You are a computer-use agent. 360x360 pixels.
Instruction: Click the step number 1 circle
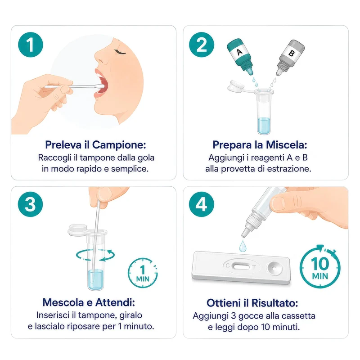[30, 45]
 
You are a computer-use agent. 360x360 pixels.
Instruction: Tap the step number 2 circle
[201, 45]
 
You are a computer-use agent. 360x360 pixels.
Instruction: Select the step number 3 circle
[30, 204]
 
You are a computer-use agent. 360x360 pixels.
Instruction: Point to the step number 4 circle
[201, 204]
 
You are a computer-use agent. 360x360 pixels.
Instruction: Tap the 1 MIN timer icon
[143, 273]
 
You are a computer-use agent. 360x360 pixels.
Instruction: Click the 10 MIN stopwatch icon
[320, 267]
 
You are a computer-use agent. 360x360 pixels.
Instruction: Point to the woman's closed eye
[120, 52]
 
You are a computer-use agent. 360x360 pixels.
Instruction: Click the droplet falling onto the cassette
[243, 246]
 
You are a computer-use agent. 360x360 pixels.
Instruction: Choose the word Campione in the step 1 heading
[119, 145]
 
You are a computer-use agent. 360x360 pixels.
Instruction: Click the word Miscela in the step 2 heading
[287, 145]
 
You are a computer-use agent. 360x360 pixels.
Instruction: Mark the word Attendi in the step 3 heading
[115, 302]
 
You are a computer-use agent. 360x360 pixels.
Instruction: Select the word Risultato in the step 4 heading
[275, 303]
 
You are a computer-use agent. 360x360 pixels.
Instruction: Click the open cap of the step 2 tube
[236, 86]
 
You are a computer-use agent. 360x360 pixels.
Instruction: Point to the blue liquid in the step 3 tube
[95, 279]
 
